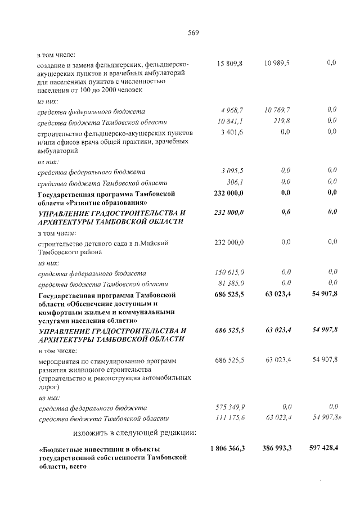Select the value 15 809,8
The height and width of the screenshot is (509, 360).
[229, 64]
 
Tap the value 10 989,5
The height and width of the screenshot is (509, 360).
[277, 64]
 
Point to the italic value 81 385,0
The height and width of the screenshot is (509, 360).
[231, 283]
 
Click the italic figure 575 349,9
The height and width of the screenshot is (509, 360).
[229, 407]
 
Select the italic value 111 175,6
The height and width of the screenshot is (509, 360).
[229, 418]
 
